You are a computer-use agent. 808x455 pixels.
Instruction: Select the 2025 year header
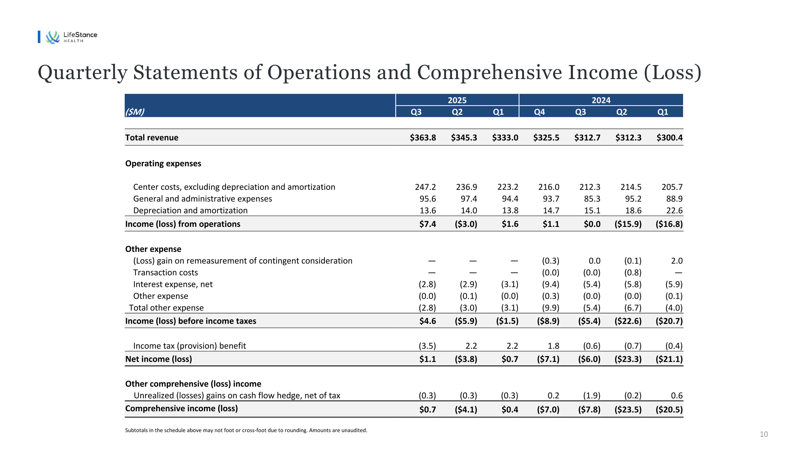pos(457,100)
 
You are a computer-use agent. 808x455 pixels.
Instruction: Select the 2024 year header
pos(601,100)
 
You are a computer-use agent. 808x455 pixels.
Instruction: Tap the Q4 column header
pos(539,112)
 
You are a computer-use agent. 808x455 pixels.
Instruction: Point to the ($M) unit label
pos(135,112)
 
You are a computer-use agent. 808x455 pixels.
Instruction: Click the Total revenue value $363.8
pos(423,138)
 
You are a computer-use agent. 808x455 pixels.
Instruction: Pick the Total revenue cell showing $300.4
pos(669,138)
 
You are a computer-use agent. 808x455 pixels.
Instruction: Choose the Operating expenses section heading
pos(163,163)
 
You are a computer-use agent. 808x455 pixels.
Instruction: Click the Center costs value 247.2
pos(425,187)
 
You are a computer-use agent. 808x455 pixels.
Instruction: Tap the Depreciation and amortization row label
pos(190,210)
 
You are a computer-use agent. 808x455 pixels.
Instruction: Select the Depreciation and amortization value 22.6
pos(674,210)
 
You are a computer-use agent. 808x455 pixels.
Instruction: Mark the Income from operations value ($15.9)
pos(628,224)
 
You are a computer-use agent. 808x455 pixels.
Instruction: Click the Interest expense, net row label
pos(173,284)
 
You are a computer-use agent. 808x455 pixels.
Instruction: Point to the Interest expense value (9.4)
pos(551,284)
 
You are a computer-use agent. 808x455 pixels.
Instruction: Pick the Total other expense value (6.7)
pos(633,308)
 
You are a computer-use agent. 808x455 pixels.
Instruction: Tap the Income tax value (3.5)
pos(427,346)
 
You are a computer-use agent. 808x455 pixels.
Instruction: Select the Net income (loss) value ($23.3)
pos(628,359)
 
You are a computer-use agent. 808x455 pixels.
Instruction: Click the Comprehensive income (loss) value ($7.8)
pos(589,409)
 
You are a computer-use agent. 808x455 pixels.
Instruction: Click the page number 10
pos(764,434)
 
